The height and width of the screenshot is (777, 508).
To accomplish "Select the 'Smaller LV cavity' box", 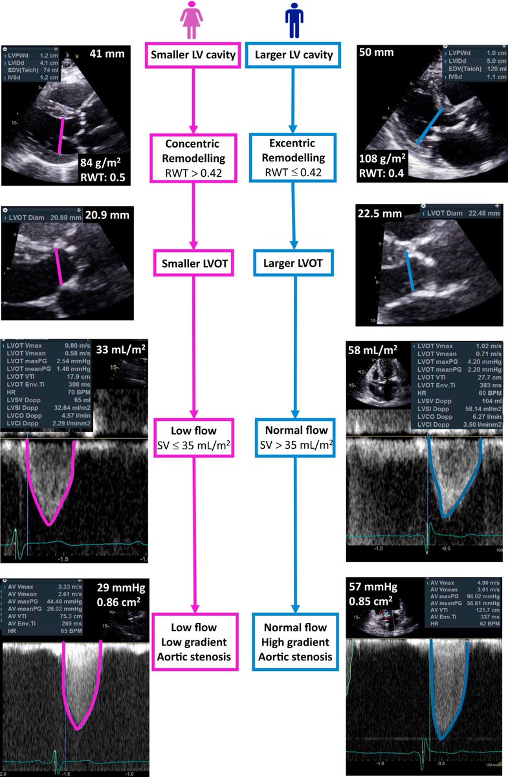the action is [x=193, y=56].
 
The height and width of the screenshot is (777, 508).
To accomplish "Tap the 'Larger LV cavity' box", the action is [x=294, y=56].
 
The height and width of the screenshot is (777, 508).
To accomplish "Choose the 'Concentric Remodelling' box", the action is [x=193, y=158].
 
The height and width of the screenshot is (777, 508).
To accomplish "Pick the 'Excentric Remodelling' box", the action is [x=294, y=158].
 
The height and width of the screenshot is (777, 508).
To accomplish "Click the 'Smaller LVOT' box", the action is [x=193, y=264].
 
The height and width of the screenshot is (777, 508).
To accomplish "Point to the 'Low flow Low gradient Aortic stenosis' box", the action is [x=193, y=642].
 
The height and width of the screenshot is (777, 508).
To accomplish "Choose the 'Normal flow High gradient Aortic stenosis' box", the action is [x=294, y=642].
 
